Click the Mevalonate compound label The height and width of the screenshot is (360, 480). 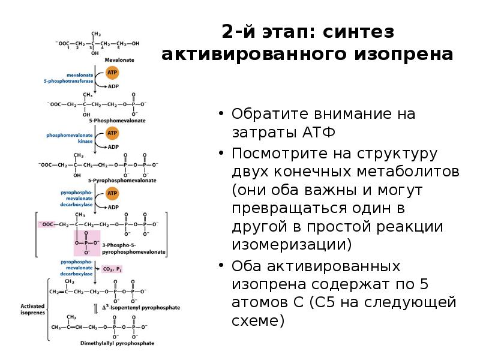[x=119, y=61]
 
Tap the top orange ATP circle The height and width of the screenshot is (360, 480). [x=112, y=73]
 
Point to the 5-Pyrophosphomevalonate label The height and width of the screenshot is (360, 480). [x=122, y=180]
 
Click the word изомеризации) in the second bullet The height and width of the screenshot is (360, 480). [x=292, y=245]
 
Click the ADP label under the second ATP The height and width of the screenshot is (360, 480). [x=113, y=146]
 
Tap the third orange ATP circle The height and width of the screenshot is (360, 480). [x=112, y=193]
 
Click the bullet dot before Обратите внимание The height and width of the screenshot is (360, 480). [x=221, y=113]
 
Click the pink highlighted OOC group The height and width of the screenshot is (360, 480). [x=46, y=224]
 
